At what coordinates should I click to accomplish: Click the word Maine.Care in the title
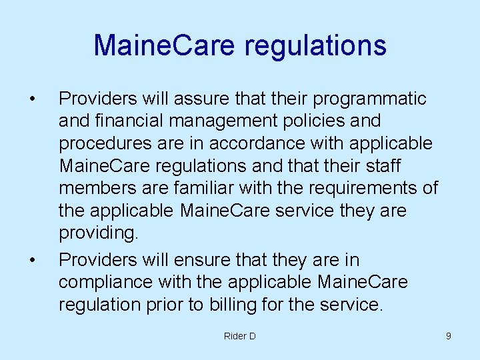point(164,45)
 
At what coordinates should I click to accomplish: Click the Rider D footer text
point(239,336)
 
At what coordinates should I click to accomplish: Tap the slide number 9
point(448,336)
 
